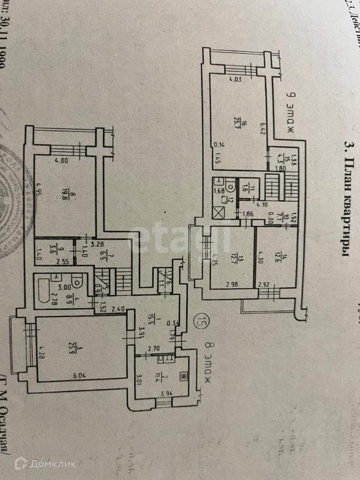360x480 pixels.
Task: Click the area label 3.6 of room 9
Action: pos(53,249)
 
